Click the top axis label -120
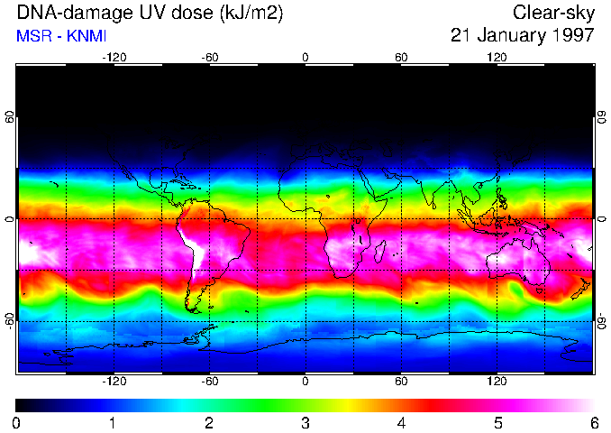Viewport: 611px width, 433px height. tap(114, 57)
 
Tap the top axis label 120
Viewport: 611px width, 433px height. tap(497, 57)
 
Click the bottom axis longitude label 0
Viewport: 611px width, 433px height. tap(305, 382)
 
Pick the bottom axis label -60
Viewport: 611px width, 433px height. tap(210, 382)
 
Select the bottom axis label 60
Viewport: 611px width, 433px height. tap(401, 382)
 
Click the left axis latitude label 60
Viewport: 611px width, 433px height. tap(9, 118)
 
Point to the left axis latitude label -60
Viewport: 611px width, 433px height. tap(9, 320)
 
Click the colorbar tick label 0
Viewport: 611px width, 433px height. tap(17, 422)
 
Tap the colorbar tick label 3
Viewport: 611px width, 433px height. tap(305, 422)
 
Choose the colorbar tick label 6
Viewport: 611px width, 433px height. tap(593, 422)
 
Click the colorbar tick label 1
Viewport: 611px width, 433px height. tap(113, 422)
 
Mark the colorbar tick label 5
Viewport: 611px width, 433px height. tap(497, 422)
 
